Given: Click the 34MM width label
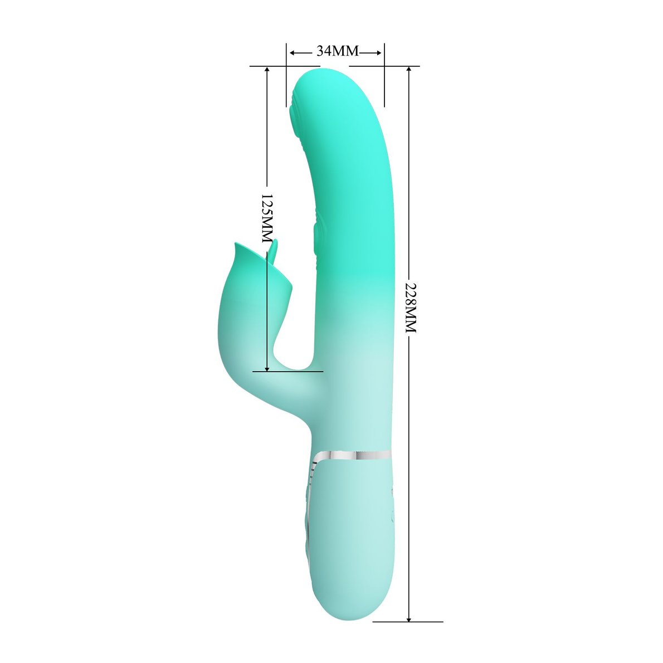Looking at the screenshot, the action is click(338, 51).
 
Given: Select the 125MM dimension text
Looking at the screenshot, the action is click(267, 218).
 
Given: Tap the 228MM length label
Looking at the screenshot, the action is click(409, 307).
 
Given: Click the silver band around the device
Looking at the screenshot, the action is click(353, 455).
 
